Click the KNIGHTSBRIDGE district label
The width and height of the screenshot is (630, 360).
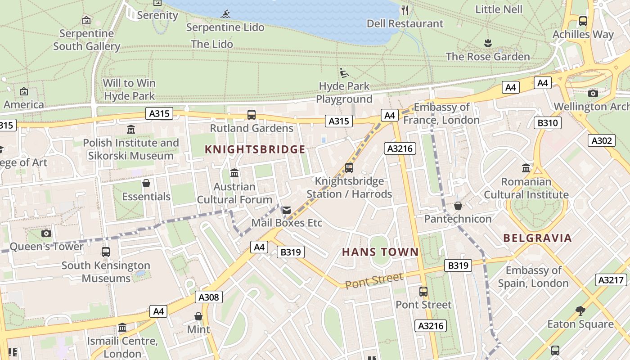point(255,150)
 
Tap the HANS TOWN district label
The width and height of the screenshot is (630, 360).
point(380,252)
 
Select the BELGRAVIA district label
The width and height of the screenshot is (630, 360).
point(537,238)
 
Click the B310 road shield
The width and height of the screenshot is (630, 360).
point(548,123)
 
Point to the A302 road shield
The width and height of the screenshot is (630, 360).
point(602,141)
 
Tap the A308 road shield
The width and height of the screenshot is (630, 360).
point(209,297)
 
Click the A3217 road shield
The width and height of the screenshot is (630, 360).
point(611,280)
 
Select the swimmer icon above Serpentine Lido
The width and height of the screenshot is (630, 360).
point(225,14)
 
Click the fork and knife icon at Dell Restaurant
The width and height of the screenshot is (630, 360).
point(405,10)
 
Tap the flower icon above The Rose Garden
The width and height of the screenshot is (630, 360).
point(488,43)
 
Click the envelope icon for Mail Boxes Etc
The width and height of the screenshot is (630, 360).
point(286,210)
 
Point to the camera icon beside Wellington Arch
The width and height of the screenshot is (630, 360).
point(593,93)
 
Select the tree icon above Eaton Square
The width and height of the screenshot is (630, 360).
point(580,310)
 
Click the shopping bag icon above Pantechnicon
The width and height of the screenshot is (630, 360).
point(458,206)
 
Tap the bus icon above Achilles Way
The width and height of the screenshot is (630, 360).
point(583,21)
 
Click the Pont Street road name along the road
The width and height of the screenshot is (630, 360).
point(374,280)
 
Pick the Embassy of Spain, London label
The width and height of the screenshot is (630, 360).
point(533,277)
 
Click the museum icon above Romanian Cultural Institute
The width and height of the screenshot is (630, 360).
point(526,168)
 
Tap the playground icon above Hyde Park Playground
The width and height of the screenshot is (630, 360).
point(344,73)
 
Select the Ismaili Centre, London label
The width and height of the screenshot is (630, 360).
point(122,347)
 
